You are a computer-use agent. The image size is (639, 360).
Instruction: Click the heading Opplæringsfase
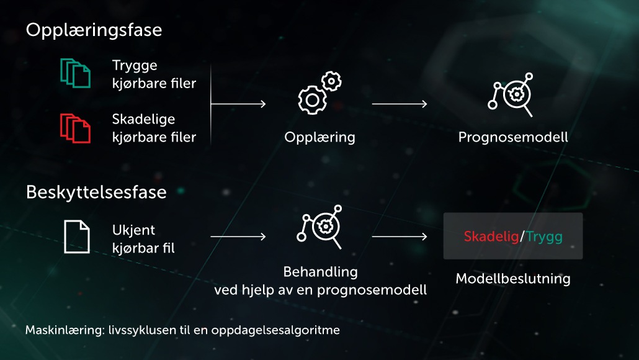pyautogui.click(x=94, y=30)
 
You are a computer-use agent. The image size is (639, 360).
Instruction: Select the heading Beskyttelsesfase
pyautogui.click(x=96, y=192)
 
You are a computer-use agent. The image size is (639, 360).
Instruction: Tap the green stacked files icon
pyautogui.click(x=76, y=73)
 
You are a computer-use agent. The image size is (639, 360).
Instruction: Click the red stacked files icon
pyautogui.click(x=76, y=128)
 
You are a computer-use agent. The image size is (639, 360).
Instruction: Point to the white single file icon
pyautogui.click(x=76, y=236)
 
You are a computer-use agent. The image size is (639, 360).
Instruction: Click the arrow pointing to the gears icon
pyautogui.click(x=238, y=104)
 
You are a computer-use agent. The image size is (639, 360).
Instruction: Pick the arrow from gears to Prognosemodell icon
pyautogui.click(x=400, y=104)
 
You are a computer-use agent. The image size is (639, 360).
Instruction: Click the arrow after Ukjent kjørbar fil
pyautogui.click(x=238, y=236)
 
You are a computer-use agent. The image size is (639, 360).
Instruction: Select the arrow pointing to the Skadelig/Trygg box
pyautogui.click(x=400, y=236)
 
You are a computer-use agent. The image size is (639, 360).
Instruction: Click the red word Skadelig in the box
pyautogui.click(x=491, y=236)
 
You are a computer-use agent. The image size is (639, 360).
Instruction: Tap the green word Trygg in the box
pyautogui.click(x=544, y=237)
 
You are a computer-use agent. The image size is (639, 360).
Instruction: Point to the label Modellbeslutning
pyautogui.click(x=513, y=279)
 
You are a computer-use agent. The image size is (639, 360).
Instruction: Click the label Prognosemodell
pyautogui.click(x=513, y=137)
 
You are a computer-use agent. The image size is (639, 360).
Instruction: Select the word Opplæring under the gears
pyautogui.click(x=320, y=137)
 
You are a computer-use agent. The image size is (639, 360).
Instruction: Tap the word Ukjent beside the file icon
pyautogui.click(x=133, y=230)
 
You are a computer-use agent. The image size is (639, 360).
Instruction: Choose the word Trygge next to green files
pyautogui.click(x=135, y=66)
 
